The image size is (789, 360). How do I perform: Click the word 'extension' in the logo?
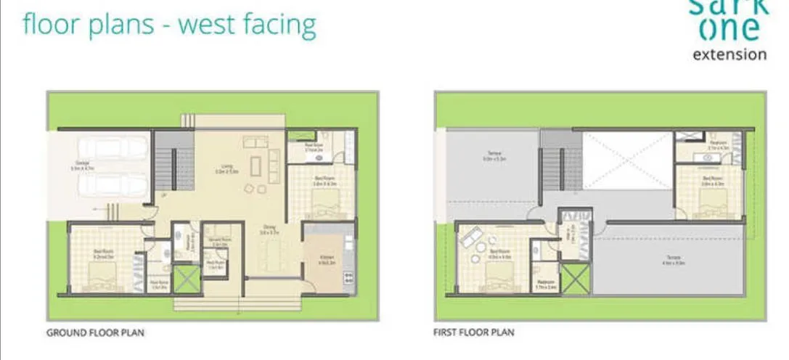pyautogui.click(x=729, y=54)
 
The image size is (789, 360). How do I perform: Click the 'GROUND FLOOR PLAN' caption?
pyautogui.click(x=95, y=333)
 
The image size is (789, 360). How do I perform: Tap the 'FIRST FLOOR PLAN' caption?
pyautogui.click(x=474, y=333)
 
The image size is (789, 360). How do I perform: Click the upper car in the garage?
pyautogui.click(x=113, y=148)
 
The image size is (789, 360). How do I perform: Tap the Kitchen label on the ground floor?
pyautogui.click(x=327, y=259)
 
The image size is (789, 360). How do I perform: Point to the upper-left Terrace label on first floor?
pyautogui.click(x=492, y=155)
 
